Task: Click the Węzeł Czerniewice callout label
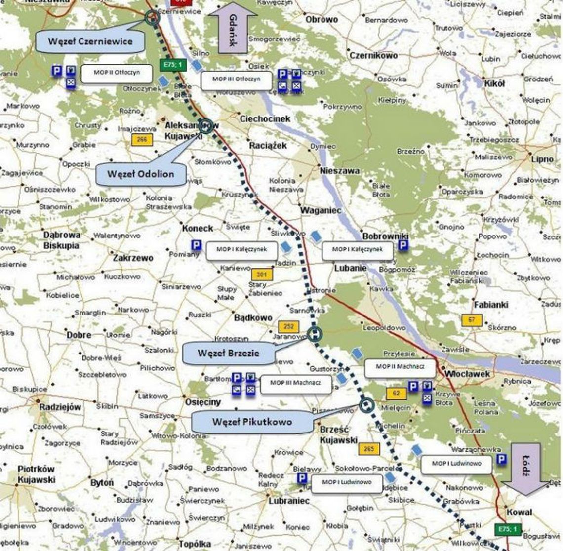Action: [x=90, y=41]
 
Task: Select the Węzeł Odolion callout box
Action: [x=141, y=174]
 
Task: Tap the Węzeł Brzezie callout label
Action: [x=228, y=353]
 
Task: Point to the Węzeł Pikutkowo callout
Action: [x=252, y=422]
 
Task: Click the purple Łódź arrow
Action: [x=525, y=469]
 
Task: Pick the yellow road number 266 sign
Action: [x=142, y=140]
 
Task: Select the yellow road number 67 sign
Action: [x=472, y=320]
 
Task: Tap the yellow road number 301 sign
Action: [x=262, y=274]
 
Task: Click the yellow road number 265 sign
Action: [x=368, y=449]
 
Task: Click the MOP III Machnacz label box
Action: [x=295, y=383]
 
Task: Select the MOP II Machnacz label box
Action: [x=400, y=367]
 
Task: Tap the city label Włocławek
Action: [x=468, y=374]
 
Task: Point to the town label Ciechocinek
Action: [x=265, y=119]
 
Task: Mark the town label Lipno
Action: [x=542, y=159]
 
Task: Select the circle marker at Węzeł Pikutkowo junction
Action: [x=366, y=405]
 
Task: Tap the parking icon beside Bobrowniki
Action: [x=403, y=245]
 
